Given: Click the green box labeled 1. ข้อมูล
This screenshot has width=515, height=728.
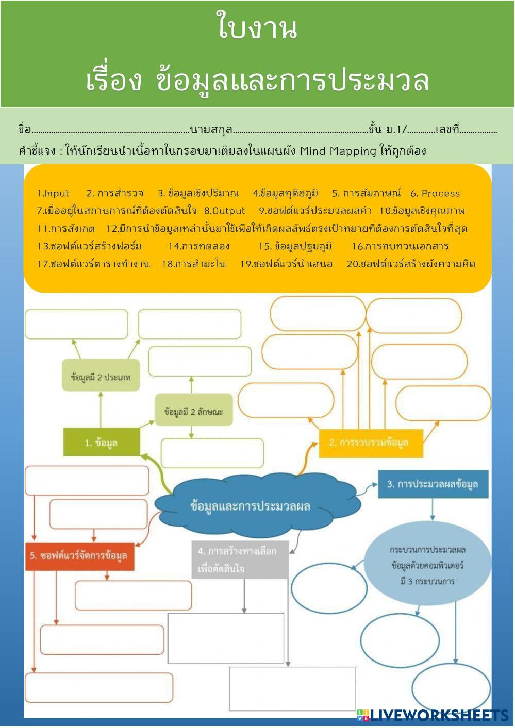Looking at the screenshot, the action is click(x=102, y=442).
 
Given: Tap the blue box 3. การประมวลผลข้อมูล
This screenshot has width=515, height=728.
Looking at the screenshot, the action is click(x=433, y=484).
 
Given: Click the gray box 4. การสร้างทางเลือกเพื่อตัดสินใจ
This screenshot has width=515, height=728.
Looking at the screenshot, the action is click(x=240, y=560).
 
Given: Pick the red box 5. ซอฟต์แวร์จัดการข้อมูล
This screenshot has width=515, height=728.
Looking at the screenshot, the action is click(x=79, y=556).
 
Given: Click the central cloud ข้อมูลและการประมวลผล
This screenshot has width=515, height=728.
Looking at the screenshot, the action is click(x=251, y=506).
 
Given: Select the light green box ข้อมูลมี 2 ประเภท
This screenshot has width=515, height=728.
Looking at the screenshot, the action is click(x=101, y=377).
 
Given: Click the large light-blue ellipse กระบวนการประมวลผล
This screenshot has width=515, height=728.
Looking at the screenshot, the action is click(x=427, y=566).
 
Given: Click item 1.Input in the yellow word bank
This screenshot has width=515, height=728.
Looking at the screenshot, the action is click(x=53, y=194).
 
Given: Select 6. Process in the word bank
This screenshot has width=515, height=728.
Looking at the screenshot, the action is click(x=435, y=194).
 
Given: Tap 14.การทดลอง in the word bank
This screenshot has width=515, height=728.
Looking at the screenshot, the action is click(x=199, y=246).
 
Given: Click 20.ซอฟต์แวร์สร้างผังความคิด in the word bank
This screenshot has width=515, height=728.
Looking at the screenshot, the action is click(x=411, y=264).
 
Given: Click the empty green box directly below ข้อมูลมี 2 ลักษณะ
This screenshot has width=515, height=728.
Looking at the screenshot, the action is click(x=212, y=453).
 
